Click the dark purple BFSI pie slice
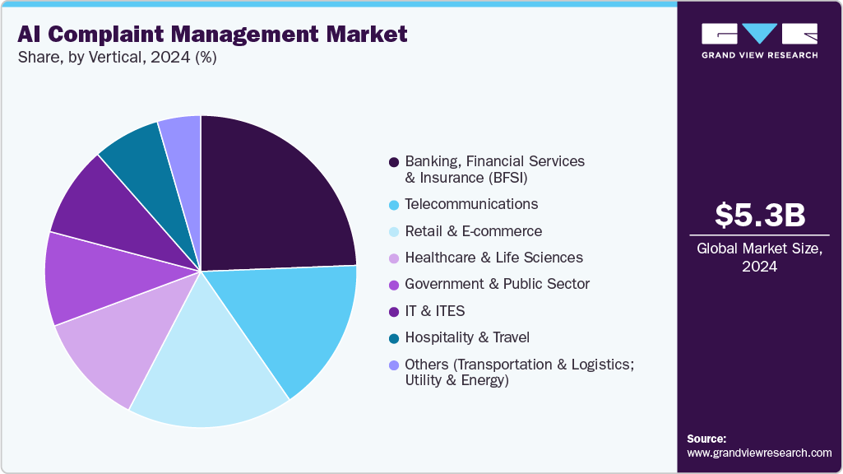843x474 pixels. click(271, 197)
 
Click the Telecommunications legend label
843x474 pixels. click(471, 204)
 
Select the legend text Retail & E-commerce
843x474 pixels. click(474, 231)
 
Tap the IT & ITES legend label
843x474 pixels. click(435, 311)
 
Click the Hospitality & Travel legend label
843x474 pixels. click(467, 337)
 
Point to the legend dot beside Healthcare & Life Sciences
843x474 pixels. click(394, 258)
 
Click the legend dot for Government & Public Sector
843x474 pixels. click(394, 285)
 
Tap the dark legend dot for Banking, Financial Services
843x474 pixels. click(394, 162)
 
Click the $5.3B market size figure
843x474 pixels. click(760, 215)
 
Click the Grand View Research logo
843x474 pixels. click(759, 39)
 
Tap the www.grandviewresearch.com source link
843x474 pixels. click(759, 453)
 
